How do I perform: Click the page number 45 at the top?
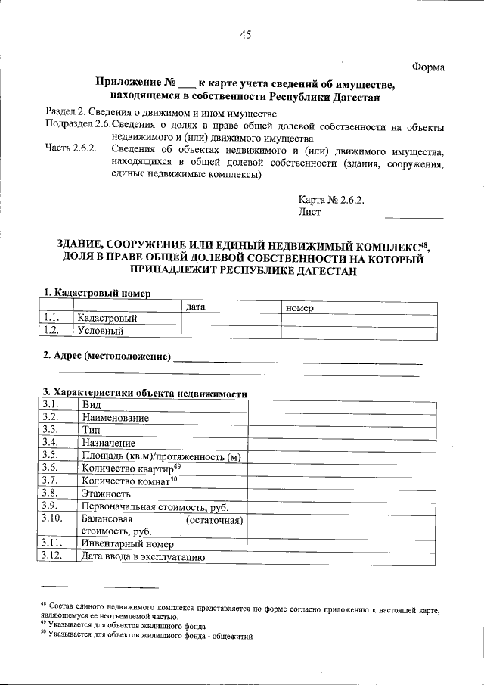[x=245, y=34]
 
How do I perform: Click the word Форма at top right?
[x=428, y=67]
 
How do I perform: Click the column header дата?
[x=196, y=307]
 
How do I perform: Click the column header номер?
[x=299, y=307]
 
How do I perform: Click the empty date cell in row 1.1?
[x=231, y=319]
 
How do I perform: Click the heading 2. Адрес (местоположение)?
[x=106, y=355]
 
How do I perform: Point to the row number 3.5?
[x=51, y=455]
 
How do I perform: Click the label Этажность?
[x=106, y=494]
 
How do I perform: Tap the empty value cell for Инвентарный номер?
[x=342, y=544]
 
